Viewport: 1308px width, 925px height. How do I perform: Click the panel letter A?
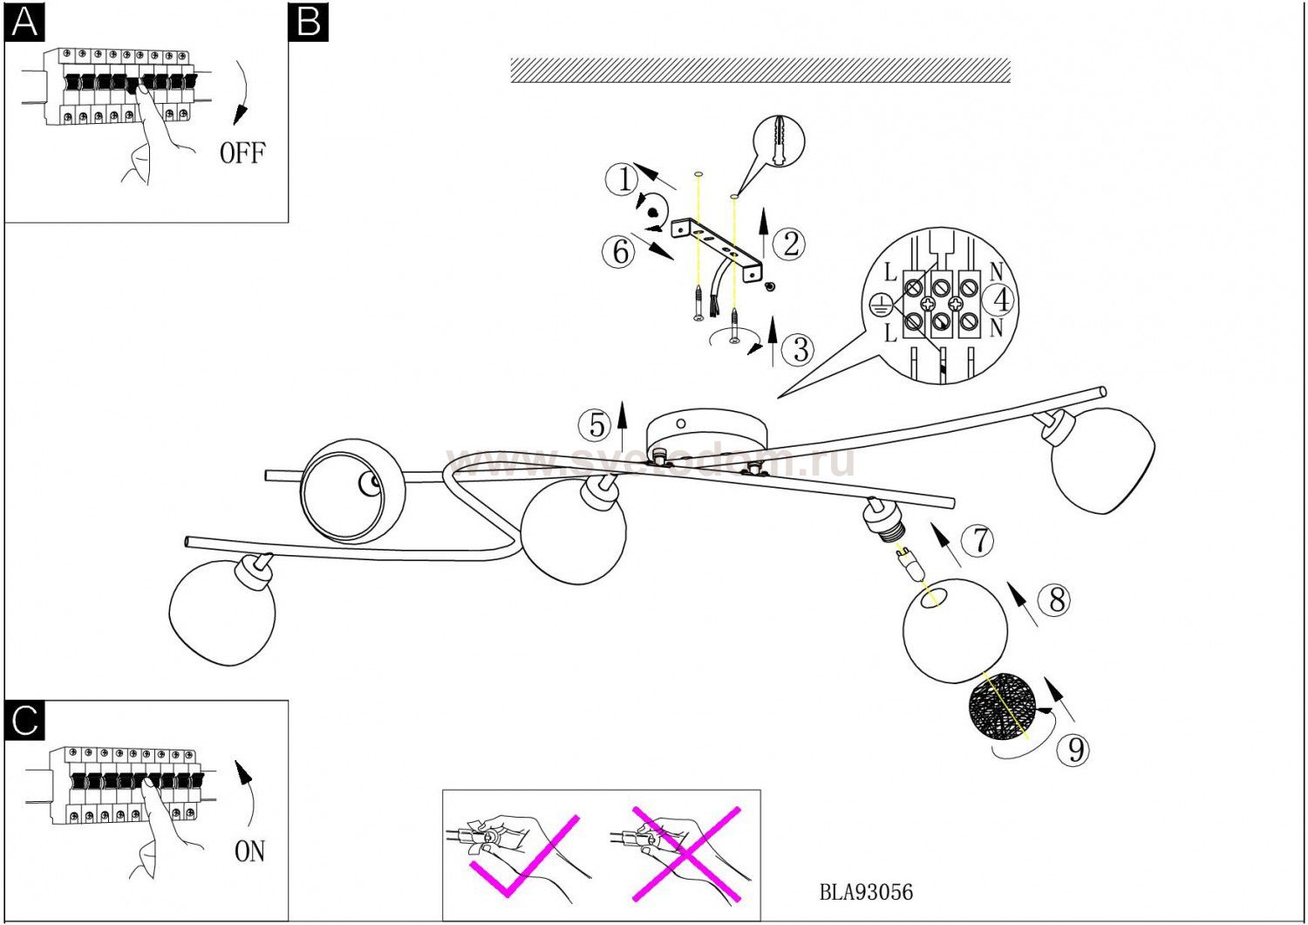[x=24, y=22]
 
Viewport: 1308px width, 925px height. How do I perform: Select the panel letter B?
[x=309, y=22]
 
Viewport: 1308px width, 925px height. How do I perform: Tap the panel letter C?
[x=24, y=721]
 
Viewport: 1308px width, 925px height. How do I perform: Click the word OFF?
[x=242, y=154]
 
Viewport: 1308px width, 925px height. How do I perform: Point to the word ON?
[x=249, y=851]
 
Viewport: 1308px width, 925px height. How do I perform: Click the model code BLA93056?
[x=866, y=892]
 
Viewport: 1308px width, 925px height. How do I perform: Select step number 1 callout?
[x=623, y=180]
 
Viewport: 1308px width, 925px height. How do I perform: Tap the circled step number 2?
[x=790, y=243]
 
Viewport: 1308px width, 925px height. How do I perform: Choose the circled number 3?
[x=800, y=350]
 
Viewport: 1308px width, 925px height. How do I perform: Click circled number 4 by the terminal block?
[x=1001, y=300]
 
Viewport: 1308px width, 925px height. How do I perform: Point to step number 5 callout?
[x=597, y=425]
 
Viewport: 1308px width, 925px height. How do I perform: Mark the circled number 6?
[x=619, y=251]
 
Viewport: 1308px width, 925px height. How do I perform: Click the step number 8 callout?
[x=1056, y=600]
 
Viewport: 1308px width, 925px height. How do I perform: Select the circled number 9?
[x=1075, y=749]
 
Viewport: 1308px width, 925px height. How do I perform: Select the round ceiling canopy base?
[x=706, y=434]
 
